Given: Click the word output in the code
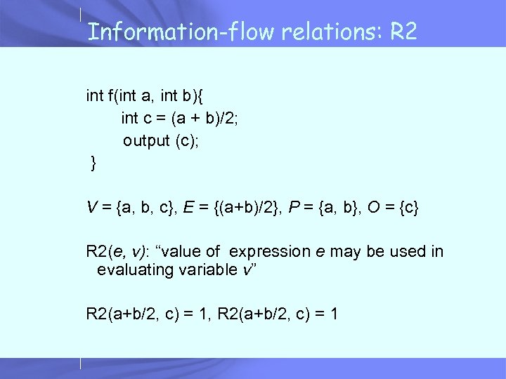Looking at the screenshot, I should click(146, 140).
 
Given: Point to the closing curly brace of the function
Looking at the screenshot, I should click(93, 164).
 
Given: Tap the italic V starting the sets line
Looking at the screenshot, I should click(91, 207).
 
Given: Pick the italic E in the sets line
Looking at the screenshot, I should click(188, 207).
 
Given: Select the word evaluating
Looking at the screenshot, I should click(134, 270).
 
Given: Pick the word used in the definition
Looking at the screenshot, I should click(406, 251).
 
